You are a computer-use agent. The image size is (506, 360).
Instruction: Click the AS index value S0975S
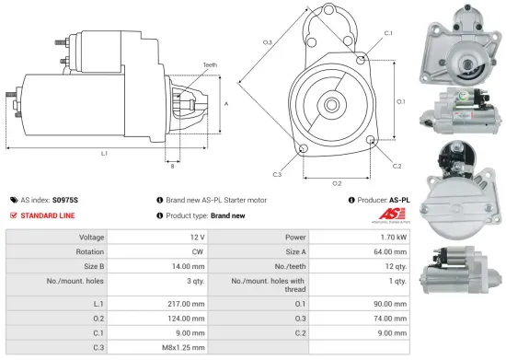(x=65, y=199)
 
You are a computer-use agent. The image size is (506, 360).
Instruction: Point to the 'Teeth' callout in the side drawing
(x=211, y=64)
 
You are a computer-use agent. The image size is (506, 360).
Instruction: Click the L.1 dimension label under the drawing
(x=104, y=153)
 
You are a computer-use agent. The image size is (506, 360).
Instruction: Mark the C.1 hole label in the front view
(x=387, y=33)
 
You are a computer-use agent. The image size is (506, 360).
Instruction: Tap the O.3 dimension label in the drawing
(x=267, y=42)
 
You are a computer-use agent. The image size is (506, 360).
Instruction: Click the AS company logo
(x=387, y=217)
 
